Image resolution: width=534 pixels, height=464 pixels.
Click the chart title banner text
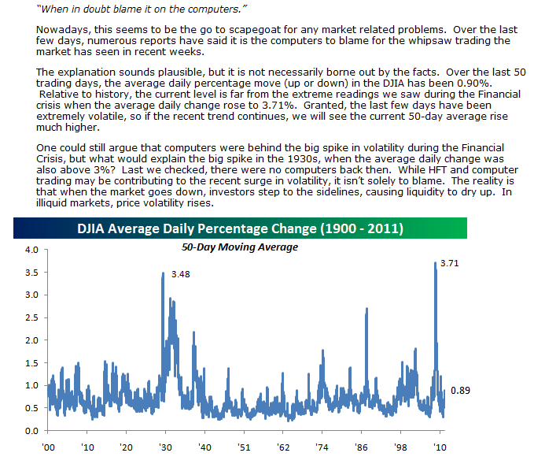click(x=240, y=229)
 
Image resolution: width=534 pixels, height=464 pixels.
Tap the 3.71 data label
click(x=450, y=264)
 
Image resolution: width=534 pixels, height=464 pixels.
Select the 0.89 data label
click(x=460, y=390)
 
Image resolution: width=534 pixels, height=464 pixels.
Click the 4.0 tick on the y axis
click(x=31, y=250)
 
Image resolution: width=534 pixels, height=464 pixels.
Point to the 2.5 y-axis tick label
click(x=31, y=317)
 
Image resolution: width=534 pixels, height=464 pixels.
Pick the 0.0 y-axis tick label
click(x=31, y=431)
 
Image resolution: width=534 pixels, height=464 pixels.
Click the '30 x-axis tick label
click(x=164, y=447)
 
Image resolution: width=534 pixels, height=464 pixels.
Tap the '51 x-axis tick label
click(x=245, y=447)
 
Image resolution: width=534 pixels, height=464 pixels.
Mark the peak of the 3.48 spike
click(x=163, y=273)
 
